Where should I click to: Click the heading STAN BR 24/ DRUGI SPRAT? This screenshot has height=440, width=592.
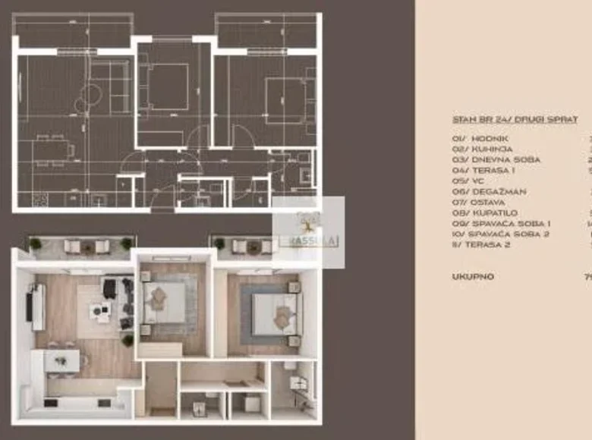click(515, 120)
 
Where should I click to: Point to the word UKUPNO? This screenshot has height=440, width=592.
click(473, 277)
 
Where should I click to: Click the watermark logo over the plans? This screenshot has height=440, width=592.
click(308, 231)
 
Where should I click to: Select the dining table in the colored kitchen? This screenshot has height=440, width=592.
click(62, 360)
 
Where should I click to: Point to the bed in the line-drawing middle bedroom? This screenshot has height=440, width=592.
click(165, 85)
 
